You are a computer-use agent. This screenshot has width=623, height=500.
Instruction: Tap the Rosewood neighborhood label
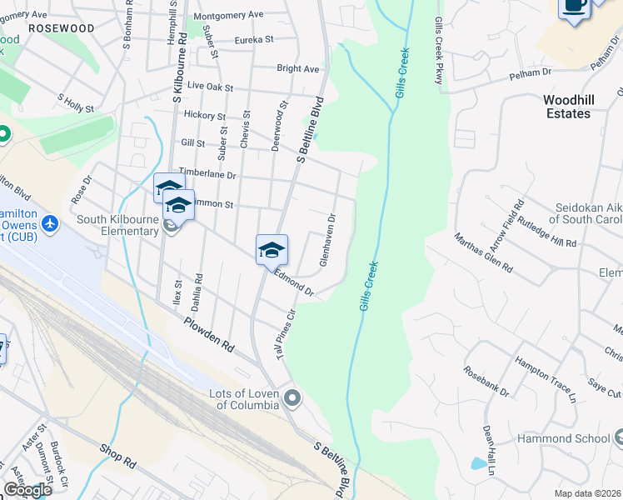[61, 28]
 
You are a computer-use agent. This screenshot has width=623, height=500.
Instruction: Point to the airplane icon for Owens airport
[50, 224]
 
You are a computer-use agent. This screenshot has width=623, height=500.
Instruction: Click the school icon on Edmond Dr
[272, 249]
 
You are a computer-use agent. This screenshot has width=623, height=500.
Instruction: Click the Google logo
[27, 490]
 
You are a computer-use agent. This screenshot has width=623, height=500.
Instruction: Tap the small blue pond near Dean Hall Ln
[478, 463]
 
